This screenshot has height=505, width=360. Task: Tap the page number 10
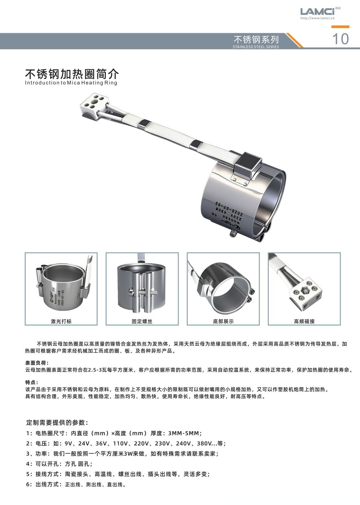(340, 39)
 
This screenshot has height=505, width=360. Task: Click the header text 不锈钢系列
(256, 39)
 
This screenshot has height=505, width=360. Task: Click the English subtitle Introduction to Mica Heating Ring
(71, 83)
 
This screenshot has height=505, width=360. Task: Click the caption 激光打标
(61, 321)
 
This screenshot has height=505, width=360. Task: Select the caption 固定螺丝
(142, 321)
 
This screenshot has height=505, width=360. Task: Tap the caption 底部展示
(223, 321)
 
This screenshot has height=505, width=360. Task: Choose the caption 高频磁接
(304, 321)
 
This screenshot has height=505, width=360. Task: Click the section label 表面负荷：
(35, 363)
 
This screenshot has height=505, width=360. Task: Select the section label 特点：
(32, 382)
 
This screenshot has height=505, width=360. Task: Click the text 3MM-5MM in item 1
(185, 433)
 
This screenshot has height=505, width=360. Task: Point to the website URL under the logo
(318, 18)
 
